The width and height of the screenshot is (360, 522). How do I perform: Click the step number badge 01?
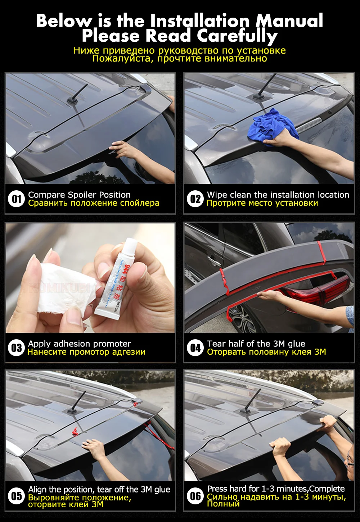[16, 199]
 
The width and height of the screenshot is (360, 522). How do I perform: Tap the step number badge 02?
[195, 199]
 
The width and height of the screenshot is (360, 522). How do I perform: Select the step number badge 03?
[16, 348]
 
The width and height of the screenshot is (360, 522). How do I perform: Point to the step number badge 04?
[195, 348]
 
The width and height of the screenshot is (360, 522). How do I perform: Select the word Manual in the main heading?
[289, 21]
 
